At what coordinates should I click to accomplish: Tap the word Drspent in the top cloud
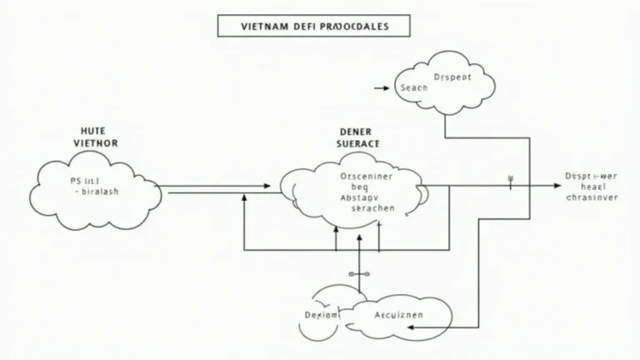tap(453, 77)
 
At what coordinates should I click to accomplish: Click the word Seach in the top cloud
tap(413, 87)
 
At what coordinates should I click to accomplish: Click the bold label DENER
tap(357, 131)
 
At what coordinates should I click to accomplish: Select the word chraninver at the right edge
tap(592, 198)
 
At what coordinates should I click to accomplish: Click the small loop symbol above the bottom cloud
tap(359, 273)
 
